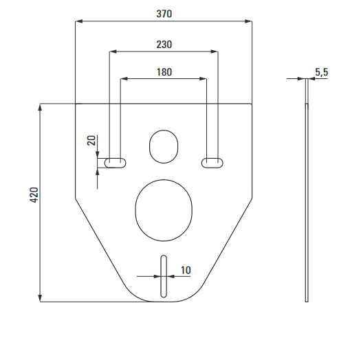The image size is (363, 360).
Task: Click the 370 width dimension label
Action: tap(164, 14)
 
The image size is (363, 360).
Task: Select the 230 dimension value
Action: tap(164, 45)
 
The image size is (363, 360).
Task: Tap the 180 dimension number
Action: tap(164, 72)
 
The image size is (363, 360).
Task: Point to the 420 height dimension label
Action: tap(34, 195)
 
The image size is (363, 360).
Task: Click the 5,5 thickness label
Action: tap(322, 72)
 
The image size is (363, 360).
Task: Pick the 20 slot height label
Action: tap(91, 140)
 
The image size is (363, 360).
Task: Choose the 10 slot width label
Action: tap(186, 270)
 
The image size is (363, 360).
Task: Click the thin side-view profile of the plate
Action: tap(307, 190)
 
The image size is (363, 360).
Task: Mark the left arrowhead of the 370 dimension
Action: tap(79, 21)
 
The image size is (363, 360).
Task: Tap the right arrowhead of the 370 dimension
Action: tap(248, 21)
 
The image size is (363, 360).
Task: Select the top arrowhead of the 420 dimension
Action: tap(40, 107)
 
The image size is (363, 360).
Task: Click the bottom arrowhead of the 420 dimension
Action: tap(40, 298)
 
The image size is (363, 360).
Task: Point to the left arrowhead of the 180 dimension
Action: tap(124, 79)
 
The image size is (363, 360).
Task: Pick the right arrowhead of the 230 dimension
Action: tap(214, 52)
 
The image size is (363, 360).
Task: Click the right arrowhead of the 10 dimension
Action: tap(170, 276)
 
